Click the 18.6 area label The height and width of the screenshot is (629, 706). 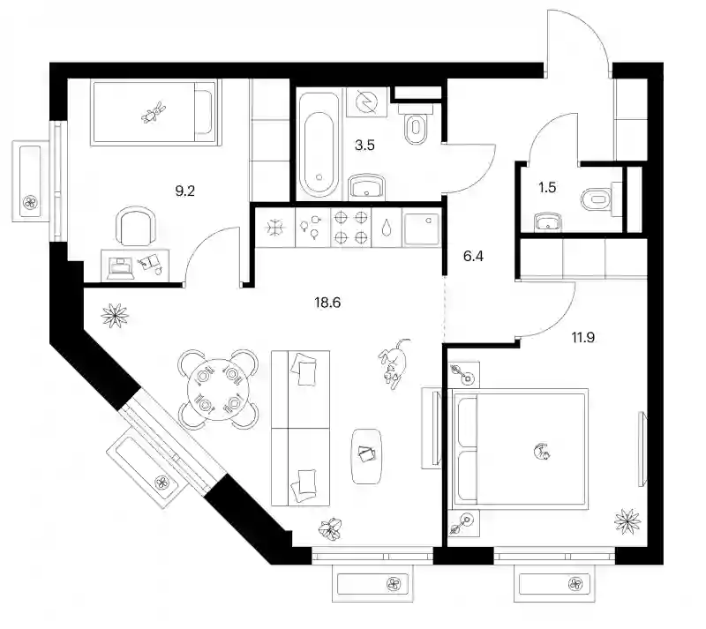pyautogui.click(x=327, y=303)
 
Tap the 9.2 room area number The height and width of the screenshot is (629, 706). pyautogui.click(x=184, y=191)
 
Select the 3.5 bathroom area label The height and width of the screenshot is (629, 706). pyautogui.click(x=364, y=146)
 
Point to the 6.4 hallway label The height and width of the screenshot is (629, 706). pyautogui.click(x=473, y=256)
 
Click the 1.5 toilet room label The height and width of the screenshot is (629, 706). pyautogui.click(x=547, y=187)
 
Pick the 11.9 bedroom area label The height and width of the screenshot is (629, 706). pyautogui.click(x=583, y=337)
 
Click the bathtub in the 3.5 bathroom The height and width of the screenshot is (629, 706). pyautogui.click(x=319, y=144)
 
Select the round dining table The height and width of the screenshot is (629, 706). pyautogui.click(x=218, y=389)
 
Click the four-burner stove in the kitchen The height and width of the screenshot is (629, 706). pyautogui.click(x=350, y=228)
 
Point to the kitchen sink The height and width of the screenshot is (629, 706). pyautogui.click(x=422, y=229)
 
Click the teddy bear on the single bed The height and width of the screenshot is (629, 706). pyautogui.click(x=154, y=112)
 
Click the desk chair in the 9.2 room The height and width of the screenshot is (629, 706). pyautogui.click(x=136, y=226)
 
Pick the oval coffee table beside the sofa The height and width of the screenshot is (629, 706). pyautogui.click(x=366, y=456)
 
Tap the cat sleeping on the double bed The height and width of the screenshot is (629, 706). pyautogui.click(x=542, y=452)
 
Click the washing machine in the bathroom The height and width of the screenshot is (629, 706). pyautogui.click(x=366, y=102)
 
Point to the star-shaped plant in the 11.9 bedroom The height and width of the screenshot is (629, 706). pyautogui.click(x=627, y=521)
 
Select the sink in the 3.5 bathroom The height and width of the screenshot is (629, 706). pyautogui.click(x=366, y=186)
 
